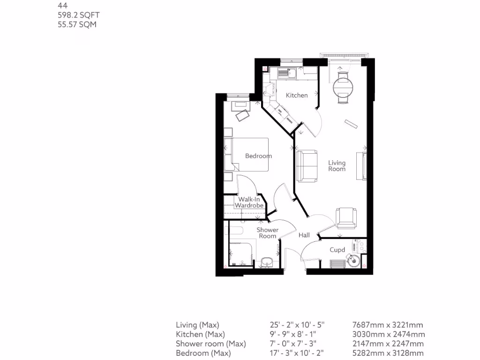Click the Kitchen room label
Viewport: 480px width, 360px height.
coord(297,95)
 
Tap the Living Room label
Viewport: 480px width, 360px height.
coord(337,166)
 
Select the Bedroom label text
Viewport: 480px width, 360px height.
coord(258,156)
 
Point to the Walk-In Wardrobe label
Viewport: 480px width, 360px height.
coord(248,202)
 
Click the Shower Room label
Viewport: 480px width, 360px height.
coord(267,233)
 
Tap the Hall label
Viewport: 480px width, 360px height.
coord(304,235)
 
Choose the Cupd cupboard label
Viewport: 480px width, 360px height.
coord(337,250)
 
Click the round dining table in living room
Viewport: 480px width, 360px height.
coord(343,86)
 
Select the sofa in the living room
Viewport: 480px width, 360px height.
coord(306,165)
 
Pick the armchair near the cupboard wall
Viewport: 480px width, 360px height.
coord(347,217)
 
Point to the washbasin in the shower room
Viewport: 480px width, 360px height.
coord(266,262)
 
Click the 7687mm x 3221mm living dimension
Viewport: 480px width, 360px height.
coord(388,324)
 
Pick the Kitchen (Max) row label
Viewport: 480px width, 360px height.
coord(200,334)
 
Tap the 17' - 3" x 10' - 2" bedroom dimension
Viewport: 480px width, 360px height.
coord(297,353)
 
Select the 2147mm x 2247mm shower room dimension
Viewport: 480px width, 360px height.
coord(388,344)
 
